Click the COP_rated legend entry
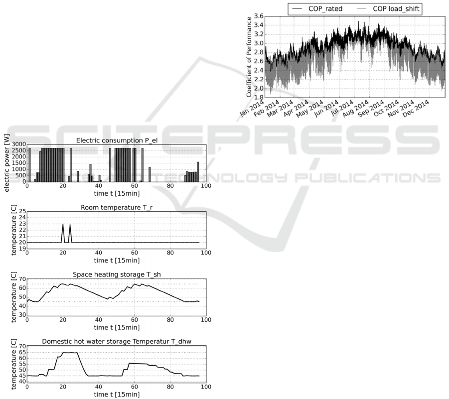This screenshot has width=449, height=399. point(317,9)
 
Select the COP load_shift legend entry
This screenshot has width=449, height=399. point(388,9)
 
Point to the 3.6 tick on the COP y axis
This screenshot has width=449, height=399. point(259,16)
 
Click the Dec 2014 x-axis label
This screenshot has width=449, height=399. point(416,109)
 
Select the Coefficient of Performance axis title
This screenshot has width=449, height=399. point(249,57)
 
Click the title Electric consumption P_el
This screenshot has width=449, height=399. point(117,140)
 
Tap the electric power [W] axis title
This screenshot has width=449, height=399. point(7,162)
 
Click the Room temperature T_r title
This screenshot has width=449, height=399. point(117,207)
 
